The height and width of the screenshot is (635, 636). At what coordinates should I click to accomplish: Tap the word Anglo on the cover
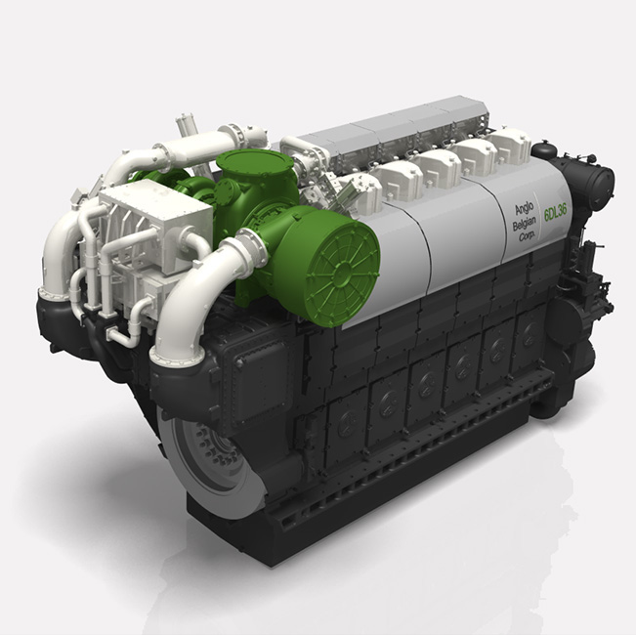[524, 209]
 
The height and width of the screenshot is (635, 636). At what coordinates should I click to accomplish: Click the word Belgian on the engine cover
[524, 224]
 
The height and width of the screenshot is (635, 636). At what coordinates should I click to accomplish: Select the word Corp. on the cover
[527, 236]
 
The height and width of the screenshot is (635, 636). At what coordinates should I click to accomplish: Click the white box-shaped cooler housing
[156, 227]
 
